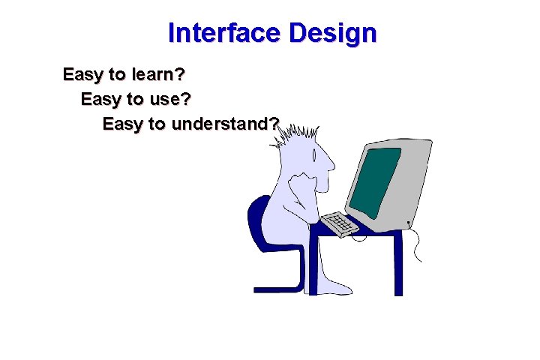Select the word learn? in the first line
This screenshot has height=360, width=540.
pyautogui.click(x=161, y=75)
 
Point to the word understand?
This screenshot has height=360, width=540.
pyautogui.click(x=226, y=123)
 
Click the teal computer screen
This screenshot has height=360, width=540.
pyautogui.click(x=375, y=181)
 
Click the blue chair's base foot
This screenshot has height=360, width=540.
pyautogui.click(x=277, y=287)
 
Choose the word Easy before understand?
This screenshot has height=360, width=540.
pyautogui.click(x=123, y=123)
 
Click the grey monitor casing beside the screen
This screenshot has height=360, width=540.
pyautogui.click(x=416, y=180)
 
